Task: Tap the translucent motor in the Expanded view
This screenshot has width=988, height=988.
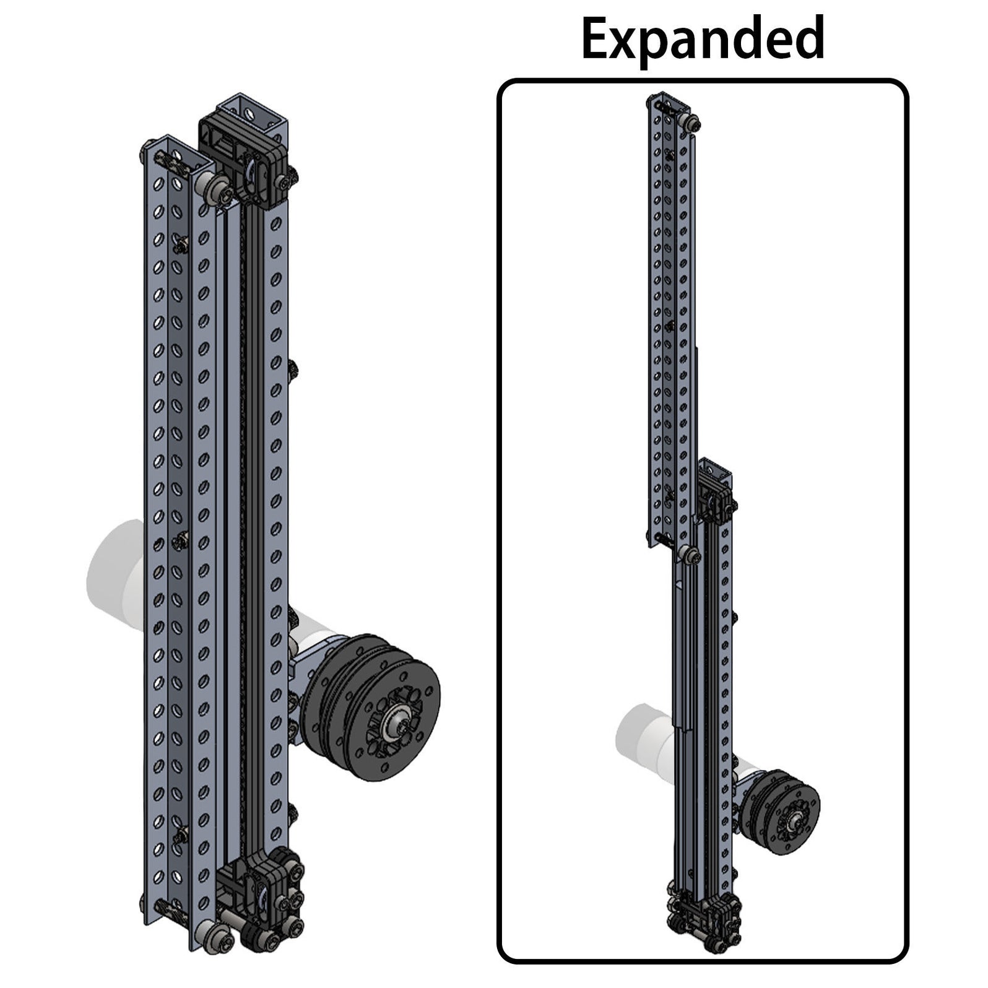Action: [644, 737]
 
